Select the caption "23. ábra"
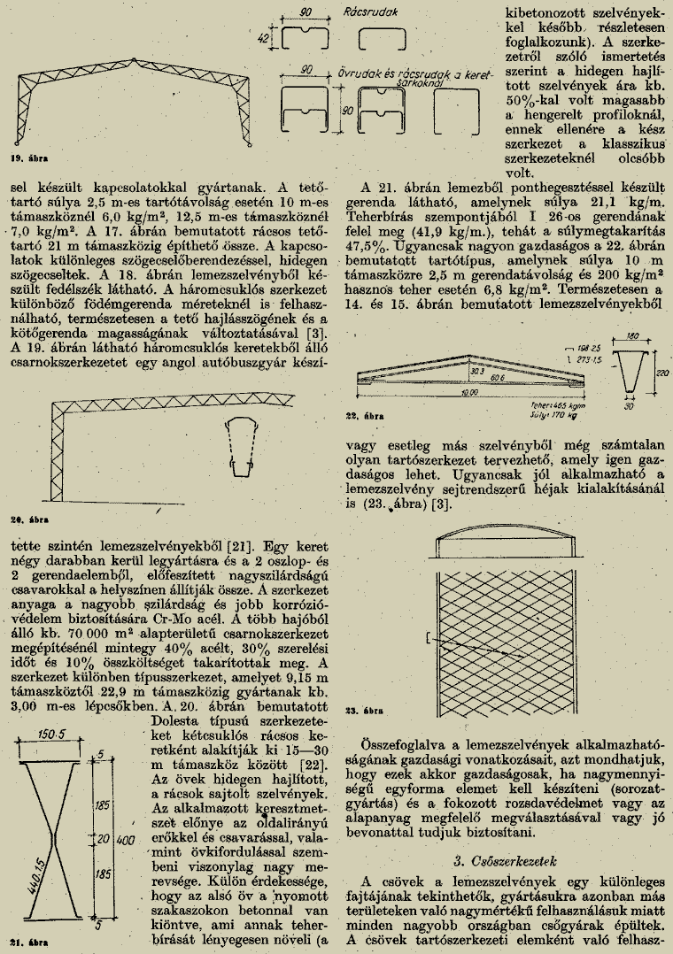click(363, 710)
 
